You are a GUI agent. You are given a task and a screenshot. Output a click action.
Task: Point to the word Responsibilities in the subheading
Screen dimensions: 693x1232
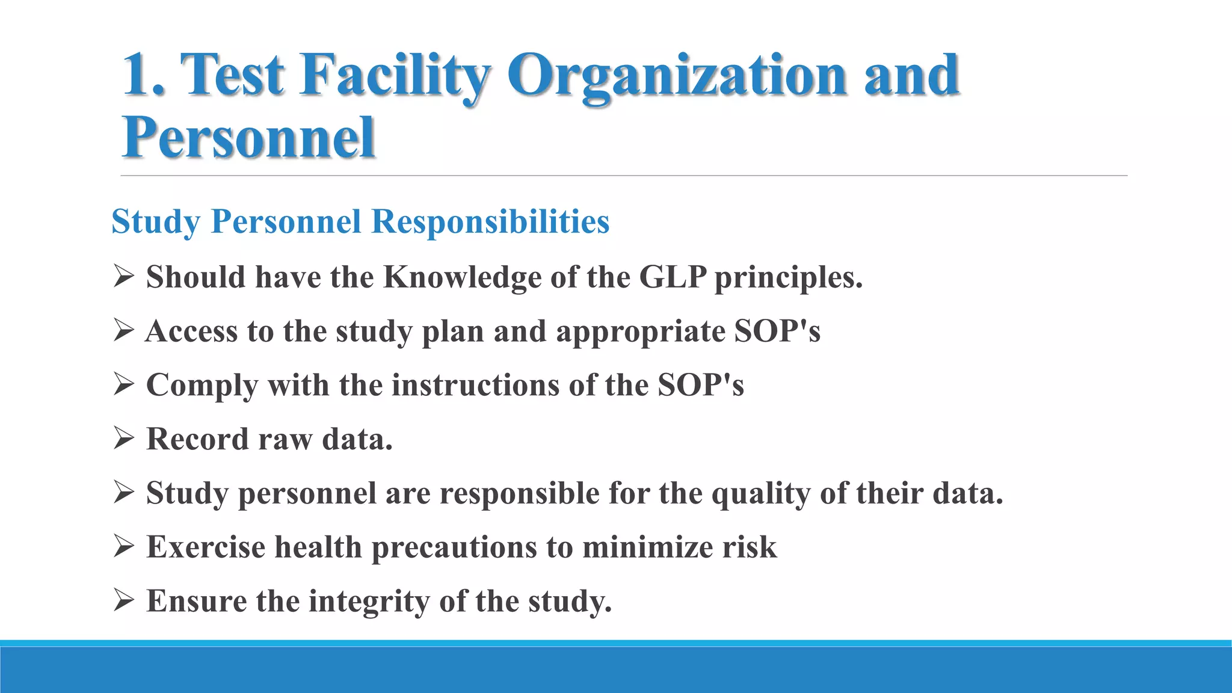pos(490,221)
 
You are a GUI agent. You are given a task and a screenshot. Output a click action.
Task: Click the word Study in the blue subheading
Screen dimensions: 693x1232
pos(155,221)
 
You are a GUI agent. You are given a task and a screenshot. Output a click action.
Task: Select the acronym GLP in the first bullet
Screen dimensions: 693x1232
pos(673,277)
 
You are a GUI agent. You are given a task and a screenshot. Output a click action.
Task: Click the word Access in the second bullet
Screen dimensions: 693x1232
pos(191,331)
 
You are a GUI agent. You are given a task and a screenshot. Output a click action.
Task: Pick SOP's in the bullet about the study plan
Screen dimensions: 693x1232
pos(777,331)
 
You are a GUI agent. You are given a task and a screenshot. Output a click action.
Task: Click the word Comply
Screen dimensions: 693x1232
pos(202,385)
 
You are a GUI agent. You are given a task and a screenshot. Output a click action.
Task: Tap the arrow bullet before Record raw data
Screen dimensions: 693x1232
pos(123,439)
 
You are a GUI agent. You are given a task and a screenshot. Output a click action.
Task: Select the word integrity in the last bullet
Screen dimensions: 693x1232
pos(369,601)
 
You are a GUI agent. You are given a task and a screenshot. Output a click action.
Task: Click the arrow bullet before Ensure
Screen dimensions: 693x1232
pos(123,600)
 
